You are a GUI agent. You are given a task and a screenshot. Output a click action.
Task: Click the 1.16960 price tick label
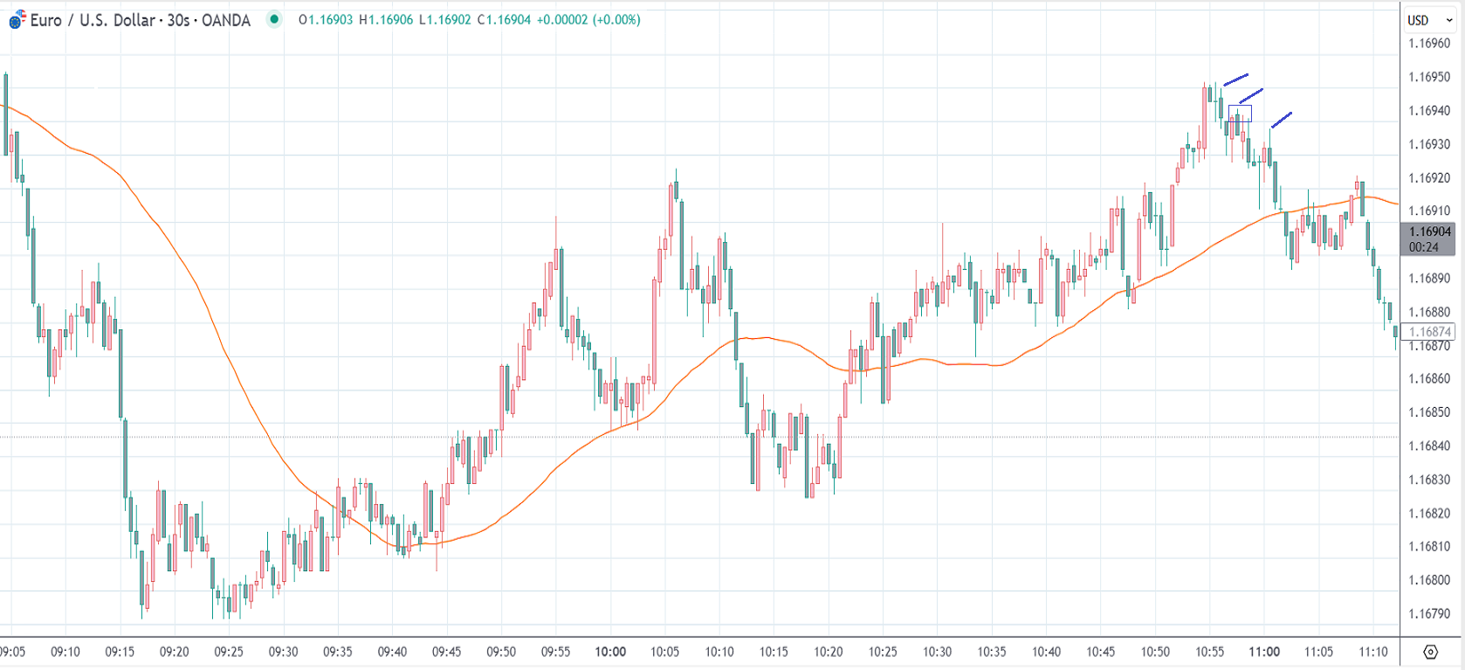1428,44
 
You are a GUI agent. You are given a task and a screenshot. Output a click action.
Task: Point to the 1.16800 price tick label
1428,580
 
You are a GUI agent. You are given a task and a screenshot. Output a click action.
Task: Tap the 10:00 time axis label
610,652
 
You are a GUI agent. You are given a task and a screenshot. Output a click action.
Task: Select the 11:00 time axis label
1263,652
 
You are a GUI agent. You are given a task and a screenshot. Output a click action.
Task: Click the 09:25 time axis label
229,652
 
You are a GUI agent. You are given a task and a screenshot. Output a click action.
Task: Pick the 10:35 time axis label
991,652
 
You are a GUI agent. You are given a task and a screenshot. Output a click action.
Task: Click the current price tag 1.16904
1429,231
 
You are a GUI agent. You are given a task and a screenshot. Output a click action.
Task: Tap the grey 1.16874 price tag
1429,332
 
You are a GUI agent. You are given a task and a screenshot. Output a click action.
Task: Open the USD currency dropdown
1429,20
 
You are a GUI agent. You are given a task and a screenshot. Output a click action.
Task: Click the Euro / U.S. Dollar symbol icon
17,19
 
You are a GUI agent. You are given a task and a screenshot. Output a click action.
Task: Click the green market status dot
274,19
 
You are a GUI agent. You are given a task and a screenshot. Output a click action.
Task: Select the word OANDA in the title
226,20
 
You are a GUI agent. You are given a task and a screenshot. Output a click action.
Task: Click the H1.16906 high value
386,20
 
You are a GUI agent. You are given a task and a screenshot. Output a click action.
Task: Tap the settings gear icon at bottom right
1430,652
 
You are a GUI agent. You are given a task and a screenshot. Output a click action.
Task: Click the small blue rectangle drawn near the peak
1240,114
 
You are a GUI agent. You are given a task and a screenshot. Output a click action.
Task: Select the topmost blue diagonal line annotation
1235,79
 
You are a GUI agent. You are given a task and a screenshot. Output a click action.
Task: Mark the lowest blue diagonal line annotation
1281,120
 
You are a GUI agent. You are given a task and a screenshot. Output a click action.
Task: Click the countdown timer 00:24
1423,247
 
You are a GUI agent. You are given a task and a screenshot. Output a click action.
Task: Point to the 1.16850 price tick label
1428,412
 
